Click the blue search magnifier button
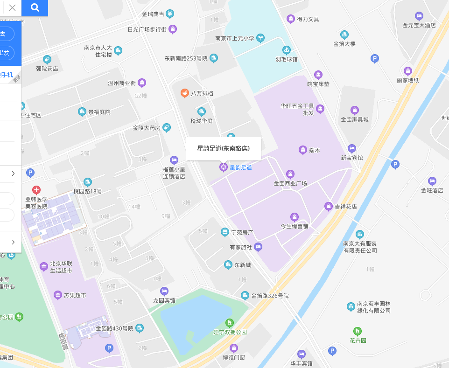35,7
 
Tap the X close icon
13,7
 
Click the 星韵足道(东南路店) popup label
223,149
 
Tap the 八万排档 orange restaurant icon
185,93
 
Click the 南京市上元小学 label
235,38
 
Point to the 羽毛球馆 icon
287,49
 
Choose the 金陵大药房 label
147,128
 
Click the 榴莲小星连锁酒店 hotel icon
174,160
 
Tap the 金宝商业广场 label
290,183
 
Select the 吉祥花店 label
346,206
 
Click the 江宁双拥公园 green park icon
229,323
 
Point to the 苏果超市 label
76,295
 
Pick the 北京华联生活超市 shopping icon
44,266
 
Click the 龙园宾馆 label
164,300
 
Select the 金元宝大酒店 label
419,25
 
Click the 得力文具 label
308,19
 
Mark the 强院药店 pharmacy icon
47,59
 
